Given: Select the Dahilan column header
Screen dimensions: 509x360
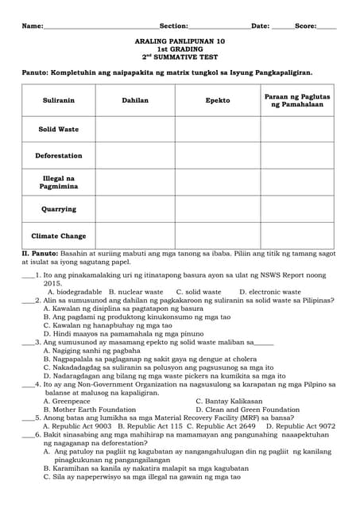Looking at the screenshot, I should click(134, 101).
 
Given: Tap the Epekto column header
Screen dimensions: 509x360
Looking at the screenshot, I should click(217, 101).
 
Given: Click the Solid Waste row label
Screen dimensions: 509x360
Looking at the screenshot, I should click(58, 129).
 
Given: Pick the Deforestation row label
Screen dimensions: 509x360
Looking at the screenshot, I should click(58, 156).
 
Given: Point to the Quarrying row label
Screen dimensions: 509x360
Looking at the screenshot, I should click(58, 209).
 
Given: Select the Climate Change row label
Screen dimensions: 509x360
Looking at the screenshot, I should click(58, 236).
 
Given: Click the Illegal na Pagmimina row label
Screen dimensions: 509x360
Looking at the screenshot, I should click(58, 182).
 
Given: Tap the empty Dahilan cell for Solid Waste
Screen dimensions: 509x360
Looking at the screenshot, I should click(134, 129).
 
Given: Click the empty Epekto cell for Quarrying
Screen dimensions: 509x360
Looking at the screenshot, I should click(217, 209).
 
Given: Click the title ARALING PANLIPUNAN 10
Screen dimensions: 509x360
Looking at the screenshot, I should click(180, 40).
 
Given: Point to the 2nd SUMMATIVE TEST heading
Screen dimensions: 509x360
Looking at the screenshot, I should click(180, 57).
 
